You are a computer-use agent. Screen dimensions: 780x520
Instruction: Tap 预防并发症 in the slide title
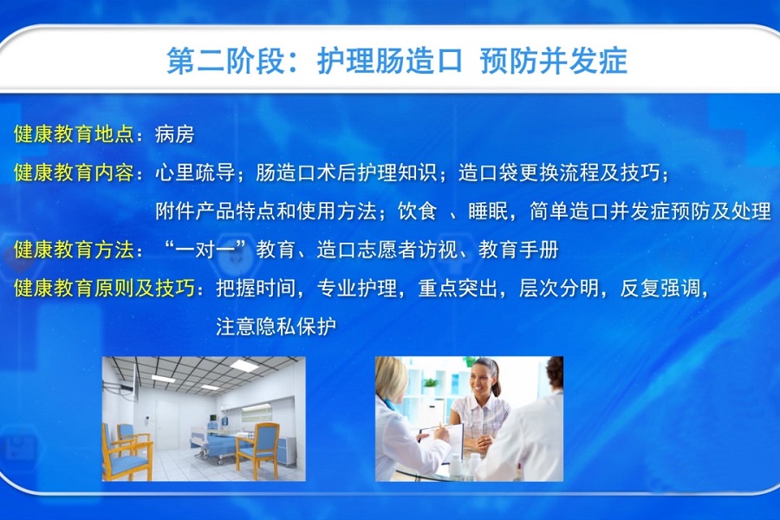[x=553, y=62]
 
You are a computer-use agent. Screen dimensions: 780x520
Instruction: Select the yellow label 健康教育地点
[x=74, y=134]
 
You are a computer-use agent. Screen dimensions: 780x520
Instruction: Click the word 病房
[x=174, y=134]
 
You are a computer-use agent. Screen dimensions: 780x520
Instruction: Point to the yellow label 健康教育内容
[x=74, y=172]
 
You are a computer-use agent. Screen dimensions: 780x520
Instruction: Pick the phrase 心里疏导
[x=195, y=172]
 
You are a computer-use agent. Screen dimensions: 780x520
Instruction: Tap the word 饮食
[x=417, y=211]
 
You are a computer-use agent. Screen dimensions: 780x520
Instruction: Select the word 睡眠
[x=488, y=211]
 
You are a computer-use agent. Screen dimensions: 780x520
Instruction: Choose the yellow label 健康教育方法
[x=74, y=250]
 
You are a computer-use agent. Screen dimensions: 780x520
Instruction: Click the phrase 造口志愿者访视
[x=387, y=250]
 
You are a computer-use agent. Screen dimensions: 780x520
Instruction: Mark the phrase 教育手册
[x=518, y=250]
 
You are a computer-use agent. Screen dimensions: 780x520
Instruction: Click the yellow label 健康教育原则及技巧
[x=104, y=288]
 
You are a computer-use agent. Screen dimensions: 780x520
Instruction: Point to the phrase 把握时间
[x=256, y=288]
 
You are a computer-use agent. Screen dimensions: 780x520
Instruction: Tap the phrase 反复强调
[x=660, y=288]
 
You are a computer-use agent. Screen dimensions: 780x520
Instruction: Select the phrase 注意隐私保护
[x=276, y=327]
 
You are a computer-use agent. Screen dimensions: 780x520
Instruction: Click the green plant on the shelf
[x=429, y=384]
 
